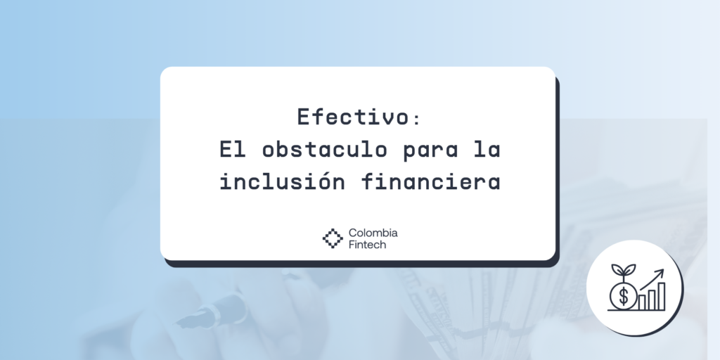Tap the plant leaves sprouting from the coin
[x=622, y=271]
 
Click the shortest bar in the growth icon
[x=642, y=303]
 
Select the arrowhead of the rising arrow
[x=661, y=271]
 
